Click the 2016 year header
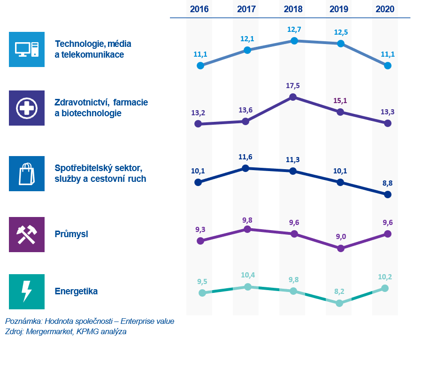click(199, 9)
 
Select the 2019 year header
click(338, 9)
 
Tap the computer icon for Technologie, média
click(27, 49)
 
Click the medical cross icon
click(27, 108)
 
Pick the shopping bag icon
click(27, 173)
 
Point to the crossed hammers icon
click(27, 234)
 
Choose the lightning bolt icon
click(27, 292)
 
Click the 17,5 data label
click(292, 86)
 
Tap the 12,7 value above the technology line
click(294, 30)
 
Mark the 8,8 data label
click(387, 184)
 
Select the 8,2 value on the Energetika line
click(339, 292)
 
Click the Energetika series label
click(76, 292)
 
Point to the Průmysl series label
click(71, 234)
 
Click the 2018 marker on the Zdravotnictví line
click(293, 97)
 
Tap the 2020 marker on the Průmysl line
click(388, 233)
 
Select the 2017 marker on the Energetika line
click(247, 286)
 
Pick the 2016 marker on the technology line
click(200, 66)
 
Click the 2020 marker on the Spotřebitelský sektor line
click(387, 194)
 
